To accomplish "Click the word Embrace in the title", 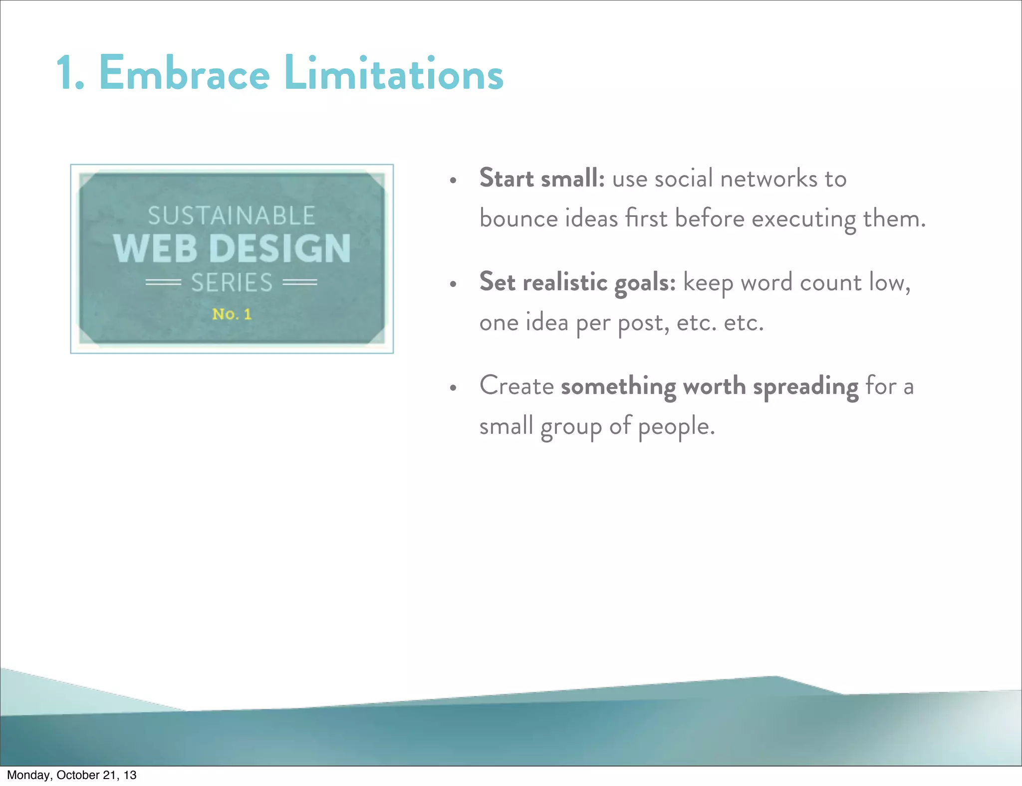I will click(x=184, y=74).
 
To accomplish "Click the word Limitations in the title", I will click(x=394, y=74).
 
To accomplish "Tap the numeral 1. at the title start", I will click(x=70, y=74).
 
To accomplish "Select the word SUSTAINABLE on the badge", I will click(x=232, y=216).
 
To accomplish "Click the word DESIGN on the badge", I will click(x=280, y=248).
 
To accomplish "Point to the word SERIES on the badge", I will click(x=232, y=283).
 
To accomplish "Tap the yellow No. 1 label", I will click(x=232, y=314).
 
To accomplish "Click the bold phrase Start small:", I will click(x=542, y=178).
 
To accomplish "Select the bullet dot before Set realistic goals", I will click(x=453, y=284).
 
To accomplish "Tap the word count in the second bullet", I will click(x=831, y=282).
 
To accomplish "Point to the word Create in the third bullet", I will click(x=516, y=386).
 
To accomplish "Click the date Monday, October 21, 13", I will click(x=71, y=775).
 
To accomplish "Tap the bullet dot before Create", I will click(x=453, y=388).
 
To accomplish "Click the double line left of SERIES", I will click(x=163, y=282).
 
